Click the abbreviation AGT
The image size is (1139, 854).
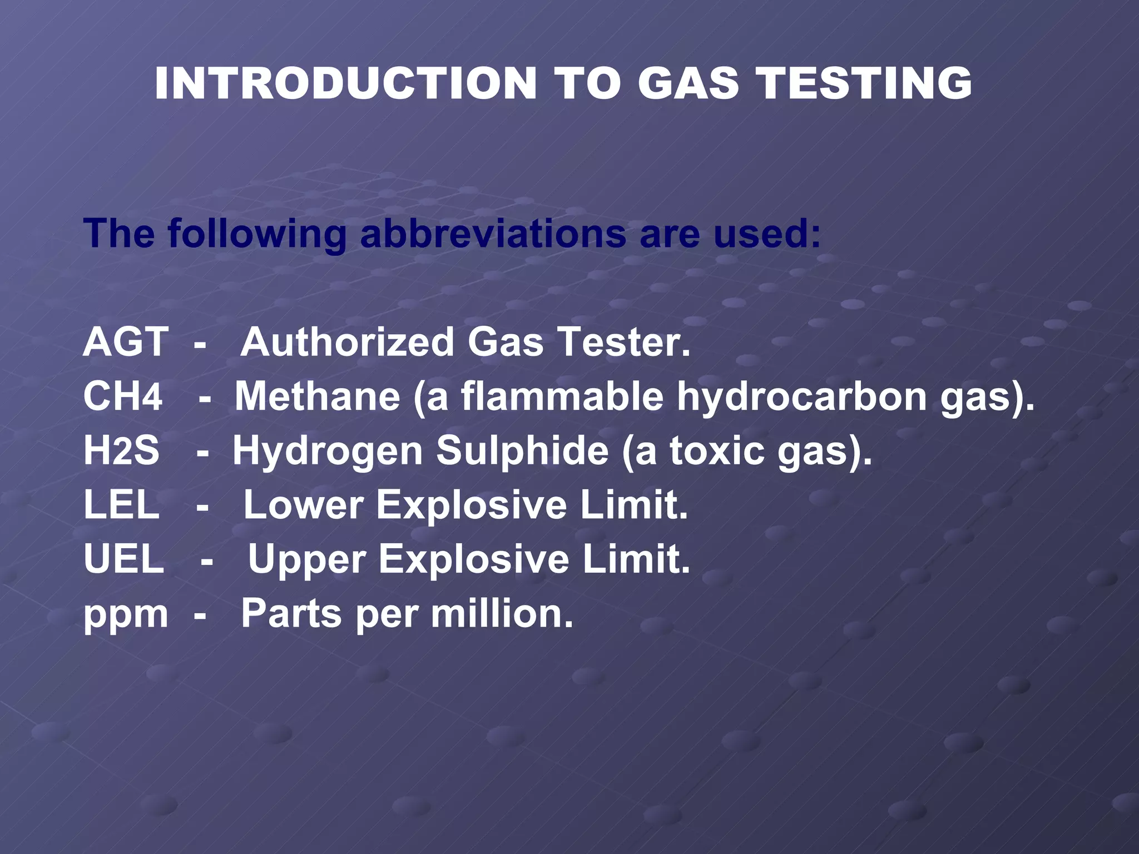pyautogui.click(x=126, y=342)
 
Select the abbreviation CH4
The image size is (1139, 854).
pyautogui.click(x=123, y=396)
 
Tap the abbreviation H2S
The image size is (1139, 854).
pyautogui.click(x=121, y=450)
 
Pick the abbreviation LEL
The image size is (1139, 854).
pyautogui.click(x=121, y=505)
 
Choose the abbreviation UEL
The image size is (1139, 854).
pyautogui.click(x=123, y=559)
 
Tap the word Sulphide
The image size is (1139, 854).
pyautogui.click(x=522, y=450)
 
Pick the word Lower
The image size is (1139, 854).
pyautogui.click(x=304, y=505)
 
